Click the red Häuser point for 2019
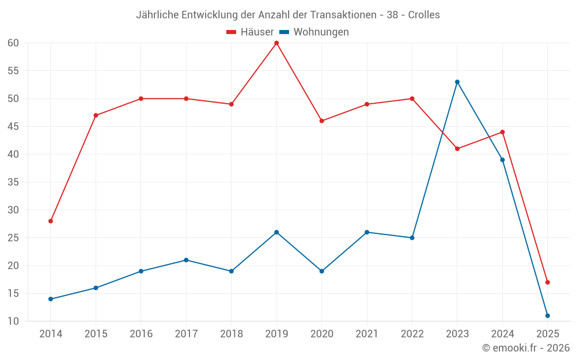(276, 43)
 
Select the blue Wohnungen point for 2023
(457, 82)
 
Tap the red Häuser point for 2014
(51, 221)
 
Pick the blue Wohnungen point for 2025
(547, 316)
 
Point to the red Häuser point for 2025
(547, 282)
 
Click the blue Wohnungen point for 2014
(51, 299)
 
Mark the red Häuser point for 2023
(457, 149)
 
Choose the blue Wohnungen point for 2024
(502, 160)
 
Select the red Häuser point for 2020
(321, 121)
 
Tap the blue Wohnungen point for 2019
(276, 232)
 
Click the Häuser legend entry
(250, 32)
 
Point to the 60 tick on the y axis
(13, 43)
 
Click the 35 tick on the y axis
(13, 182)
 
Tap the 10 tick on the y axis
(13, 321)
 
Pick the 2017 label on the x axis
(186, 334)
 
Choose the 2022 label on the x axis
(412, 334)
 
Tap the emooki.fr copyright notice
(526, 348)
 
